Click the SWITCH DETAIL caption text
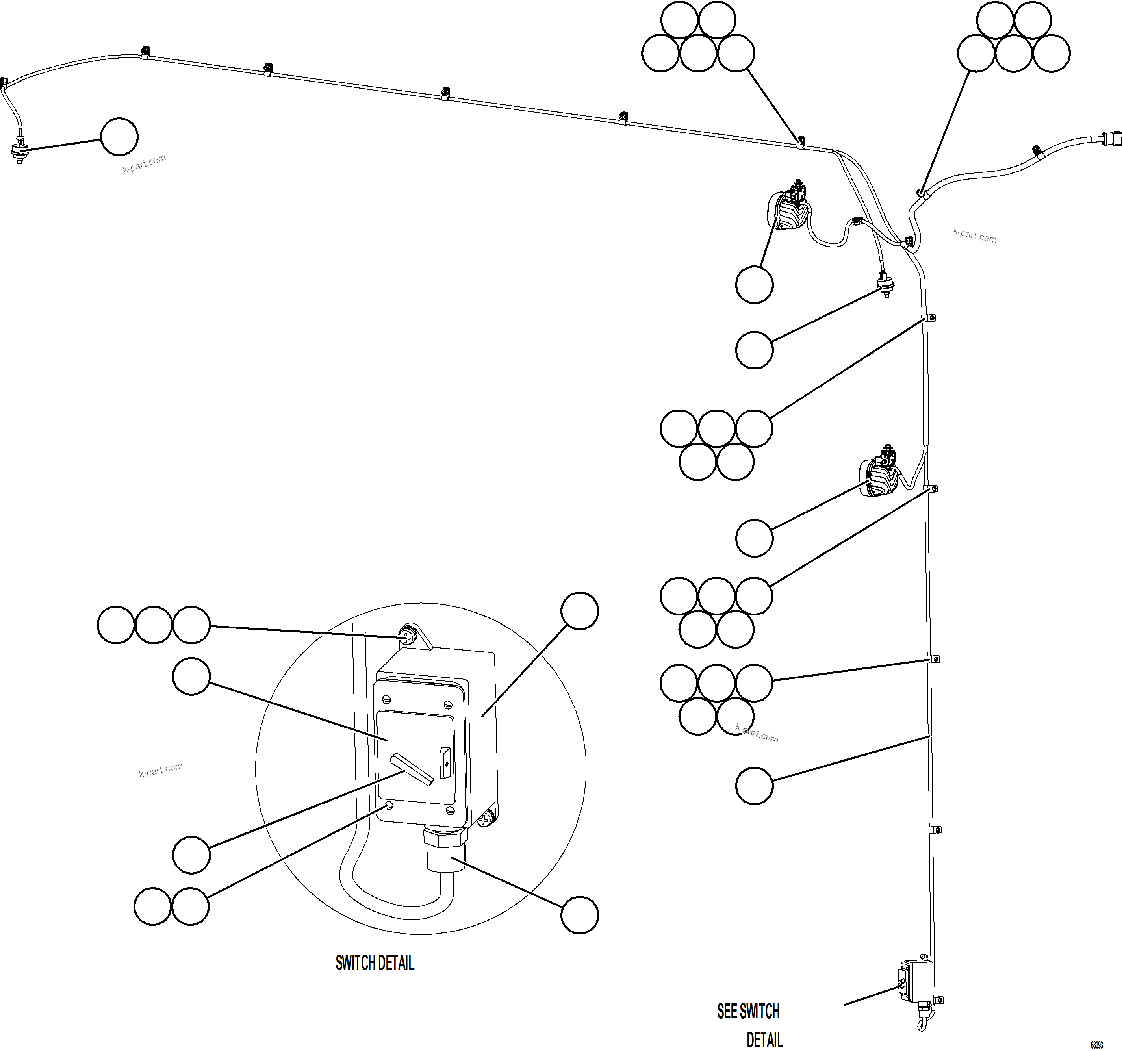pyautogui.click(x=375, y=963)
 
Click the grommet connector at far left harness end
pyautogui.click(x=20, y=151)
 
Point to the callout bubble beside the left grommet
pyautogui.click(x=119, y=137)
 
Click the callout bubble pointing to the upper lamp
pyautogui.click(x=754, y=285)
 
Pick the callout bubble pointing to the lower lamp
pyautogui.click(x=754, y=538)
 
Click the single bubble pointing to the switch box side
pyautogui.click(x=580, y=611)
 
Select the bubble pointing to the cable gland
pyautogui.click(x=580, y=915)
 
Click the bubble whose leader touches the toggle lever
pyautogui.click(x=191, y=855)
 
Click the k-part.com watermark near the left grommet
pyautogui.click(x=145, y=164)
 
